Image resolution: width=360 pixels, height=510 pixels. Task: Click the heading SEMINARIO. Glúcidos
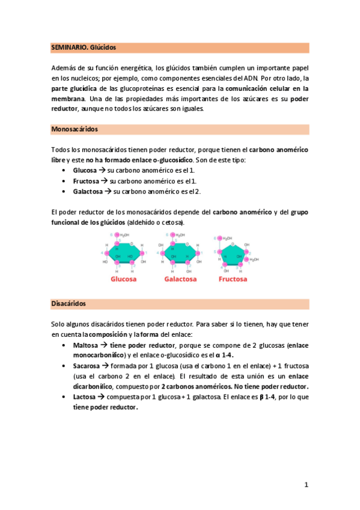click(x=83, y=47)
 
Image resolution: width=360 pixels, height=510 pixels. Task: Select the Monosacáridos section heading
click(x=75, y=129)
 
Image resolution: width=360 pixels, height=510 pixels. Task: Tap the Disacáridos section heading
click(x=69, y=304)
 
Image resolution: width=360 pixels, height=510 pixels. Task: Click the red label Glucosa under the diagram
click(x=123, y=279)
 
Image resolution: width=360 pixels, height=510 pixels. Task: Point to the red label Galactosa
click(x=178, y=279)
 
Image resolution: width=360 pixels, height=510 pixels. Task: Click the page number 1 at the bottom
click(x=306, y=484)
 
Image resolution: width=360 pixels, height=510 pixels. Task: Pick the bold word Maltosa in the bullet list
click(x=85, y=345)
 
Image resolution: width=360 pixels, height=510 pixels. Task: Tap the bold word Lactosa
click(x=85, y=397)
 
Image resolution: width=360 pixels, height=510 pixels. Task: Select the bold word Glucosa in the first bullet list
click(x=85, y=170)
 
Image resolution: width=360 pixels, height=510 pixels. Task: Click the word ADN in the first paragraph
click(x=249, y=78)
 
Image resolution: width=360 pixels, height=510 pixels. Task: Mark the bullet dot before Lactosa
click(x=64, y=397)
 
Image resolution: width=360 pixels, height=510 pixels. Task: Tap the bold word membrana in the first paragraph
click(x=68, y=99)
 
